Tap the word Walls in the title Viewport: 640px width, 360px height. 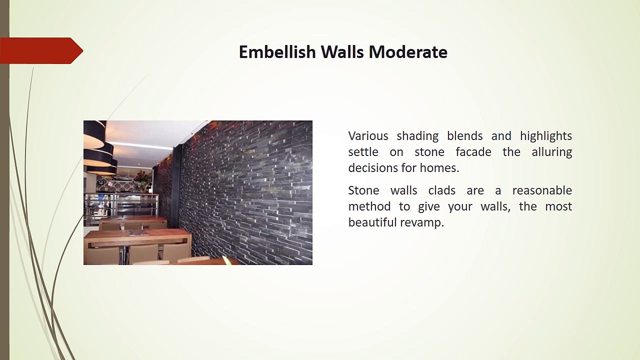point(342,52)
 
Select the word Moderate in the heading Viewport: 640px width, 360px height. point(408,52)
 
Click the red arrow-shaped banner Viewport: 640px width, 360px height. point(41,50)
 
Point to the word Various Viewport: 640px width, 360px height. point(368,135)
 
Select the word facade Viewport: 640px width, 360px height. point(473,151)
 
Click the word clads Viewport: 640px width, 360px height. point(441,190)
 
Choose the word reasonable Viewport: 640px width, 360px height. point(542,190)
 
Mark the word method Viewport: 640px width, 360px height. point(369,206)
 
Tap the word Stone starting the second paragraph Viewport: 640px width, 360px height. point(363,190)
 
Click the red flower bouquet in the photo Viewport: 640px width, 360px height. point(140,175)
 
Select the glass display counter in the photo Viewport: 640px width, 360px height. point(121,205)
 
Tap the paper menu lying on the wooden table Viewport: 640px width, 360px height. point(139,232)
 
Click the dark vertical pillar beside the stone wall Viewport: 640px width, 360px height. point(176,185)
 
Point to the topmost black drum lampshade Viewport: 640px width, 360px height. point(95,134)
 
